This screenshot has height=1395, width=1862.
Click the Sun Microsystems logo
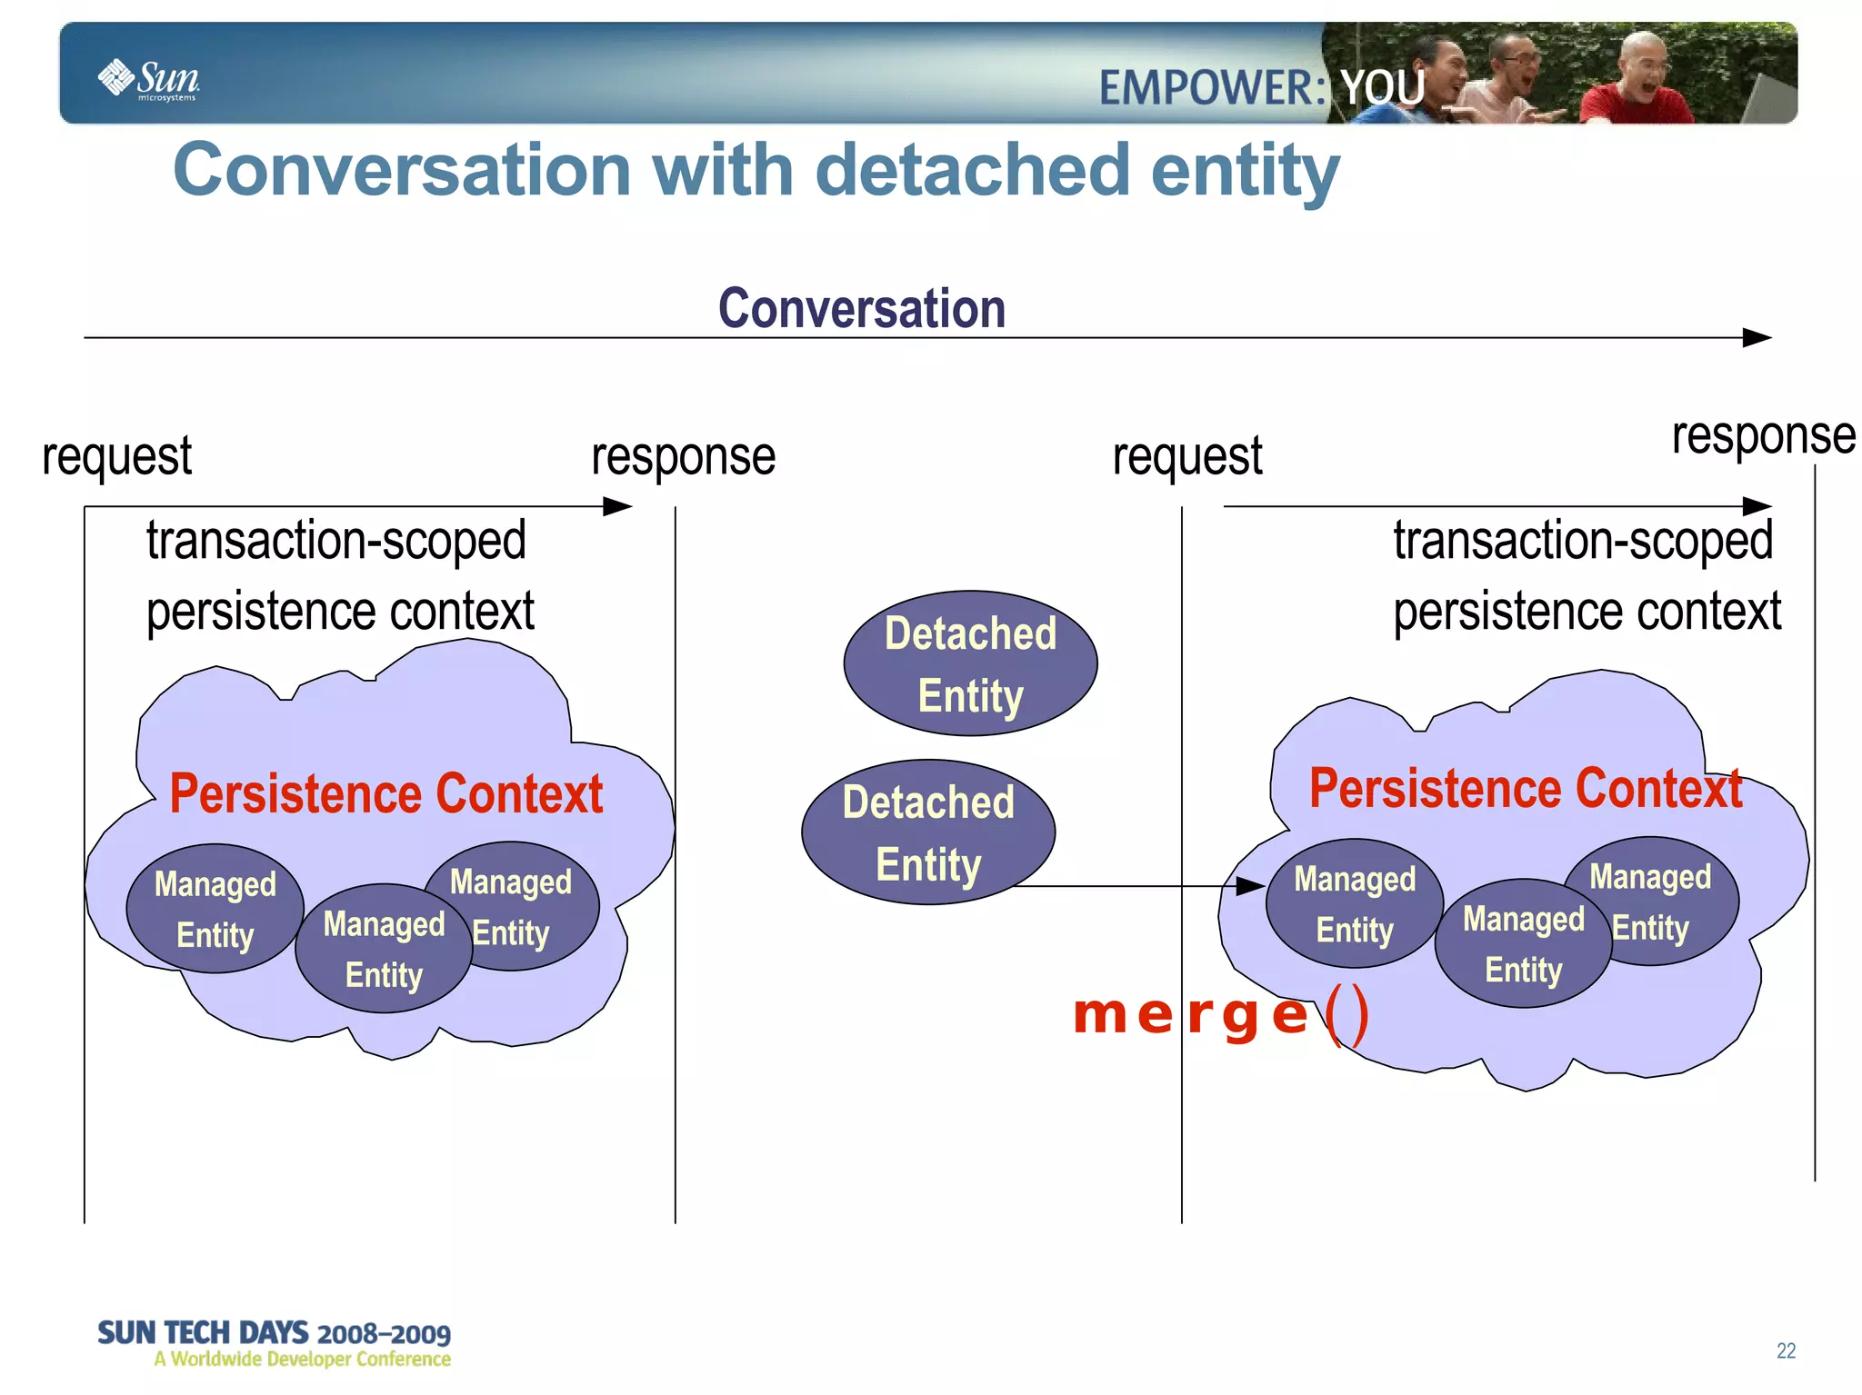coord(148,79)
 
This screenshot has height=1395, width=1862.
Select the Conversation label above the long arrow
coord(861,308)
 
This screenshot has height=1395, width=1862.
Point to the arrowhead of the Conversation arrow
coord(1757,338)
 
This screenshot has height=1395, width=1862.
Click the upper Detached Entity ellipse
coord(970,663)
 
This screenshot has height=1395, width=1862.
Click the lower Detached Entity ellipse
coord(927,832)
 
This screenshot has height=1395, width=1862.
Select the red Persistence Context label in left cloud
coord(385,793)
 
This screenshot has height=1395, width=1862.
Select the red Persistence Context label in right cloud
coord(1525,788)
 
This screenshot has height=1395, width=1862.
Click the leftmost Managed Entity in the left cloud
coord(215,909)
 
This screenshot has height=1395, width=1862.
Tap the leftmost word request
coord(116,456)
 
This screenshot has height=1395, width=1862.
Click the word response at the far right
coord(1762,436)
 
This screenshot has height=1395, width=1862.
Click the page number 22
coord(1786,1350)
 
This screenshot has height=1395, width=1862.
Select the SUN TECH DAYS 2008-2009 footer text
coord(274,1333)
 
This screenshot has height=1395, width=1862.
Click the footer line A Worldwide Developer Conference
coord(302,1360)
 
